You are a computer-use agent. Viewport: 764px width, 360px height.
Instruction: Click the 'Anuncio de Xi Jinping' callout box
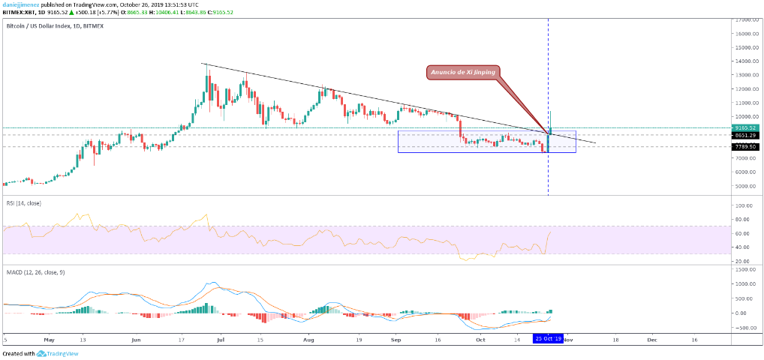coord(456,73)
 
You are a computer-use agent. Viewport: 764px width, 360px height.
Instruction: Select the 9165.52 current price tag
coord(746,127)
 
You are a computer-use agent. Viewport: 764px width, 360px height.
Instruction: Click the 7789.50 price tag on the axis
coord(746,147)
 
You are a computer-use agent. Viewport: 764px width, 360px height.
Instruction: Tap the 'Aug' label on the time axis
coord(308,339)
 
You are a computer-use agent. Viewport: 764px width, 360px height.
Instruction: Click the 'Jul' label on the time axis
coord(221,339)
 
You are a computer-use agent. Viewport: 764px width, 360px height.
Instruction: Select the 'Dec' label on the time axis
coord(651,339)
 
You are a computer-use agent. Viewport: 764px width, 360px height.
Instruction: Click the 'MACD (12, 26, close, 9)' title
coord(35,272)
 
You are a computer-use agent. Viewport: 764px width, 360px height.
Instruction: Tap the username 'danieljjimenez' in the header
coord(20,4)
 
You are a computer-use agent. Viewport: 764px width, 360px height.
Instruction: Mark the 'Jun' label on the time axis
coord(136,339)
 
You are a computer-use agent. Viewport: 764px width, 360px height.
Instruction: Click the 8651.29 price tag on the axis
coord(746,135)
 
